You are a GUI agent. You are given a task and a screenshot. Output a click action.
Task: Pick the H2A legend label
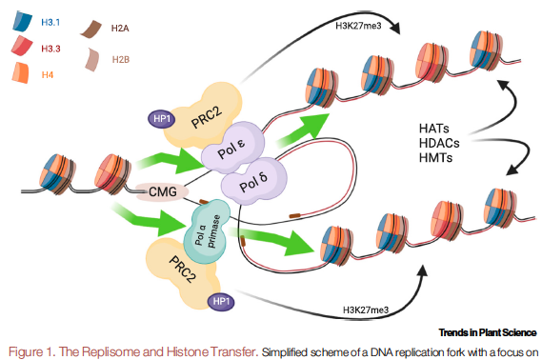[x=120, y=29]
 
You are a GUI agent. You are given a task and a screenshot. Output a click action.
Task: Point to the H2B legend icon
[x=94, y=59]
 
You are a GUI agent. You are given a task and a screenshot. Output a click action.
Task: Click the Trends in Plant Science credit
[x=487, y=332]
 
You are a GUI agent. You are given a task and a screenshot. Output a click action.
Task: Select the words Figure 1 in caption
[x=30, y=350]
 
